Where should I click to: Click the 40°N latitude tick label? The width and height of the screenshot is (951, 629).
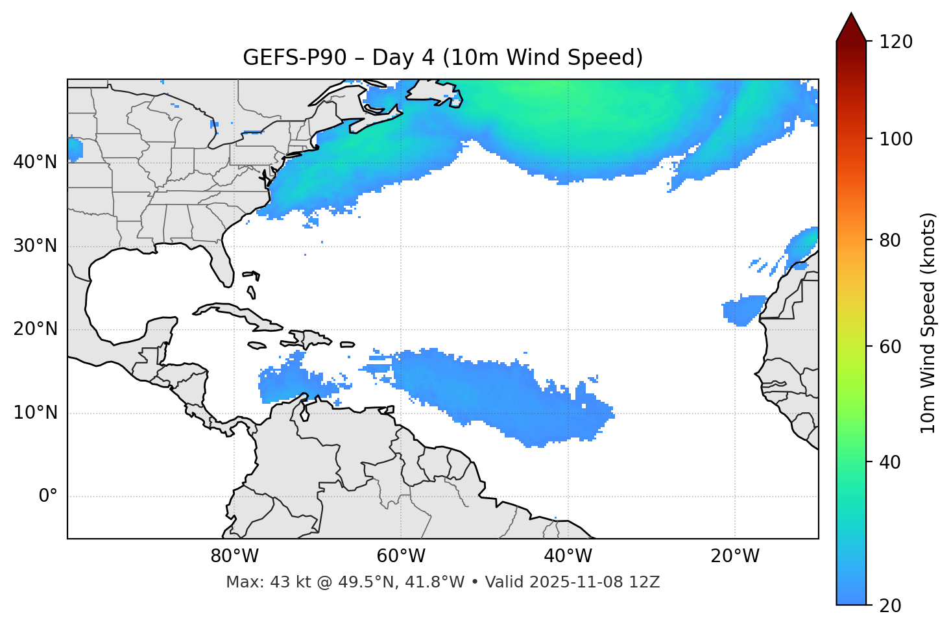[x=35, y=162]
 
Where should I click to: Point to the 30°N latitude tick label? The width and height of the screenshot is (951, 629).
[x=35, y=246]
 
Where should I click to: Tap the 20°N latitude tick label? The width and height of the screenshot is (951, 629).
[x=35, y=329]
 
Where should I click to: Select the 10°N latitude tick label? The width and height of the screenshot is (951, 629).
[x=35, y=413]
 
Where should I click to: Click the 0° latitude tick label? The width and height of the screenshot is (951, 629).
[x=48, y=497]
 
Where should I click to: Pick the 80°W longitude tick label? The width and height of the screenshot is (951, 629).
[x=234, y=556]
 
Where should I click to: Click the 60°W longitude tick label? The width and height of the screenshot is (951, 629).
[x=401, y=556]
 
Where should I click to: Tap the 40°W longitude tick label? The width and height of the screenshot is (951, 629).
[x=568, y=556]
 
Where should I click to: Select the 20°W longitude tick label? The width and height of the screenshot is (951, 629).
[x=735, y=556]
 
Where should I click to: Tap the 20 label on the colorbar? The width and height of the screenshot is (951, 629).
[x=889, y=606]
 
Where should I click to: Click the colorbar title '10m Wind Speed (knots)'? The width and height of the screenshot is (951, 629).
[x=928, y=323]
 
